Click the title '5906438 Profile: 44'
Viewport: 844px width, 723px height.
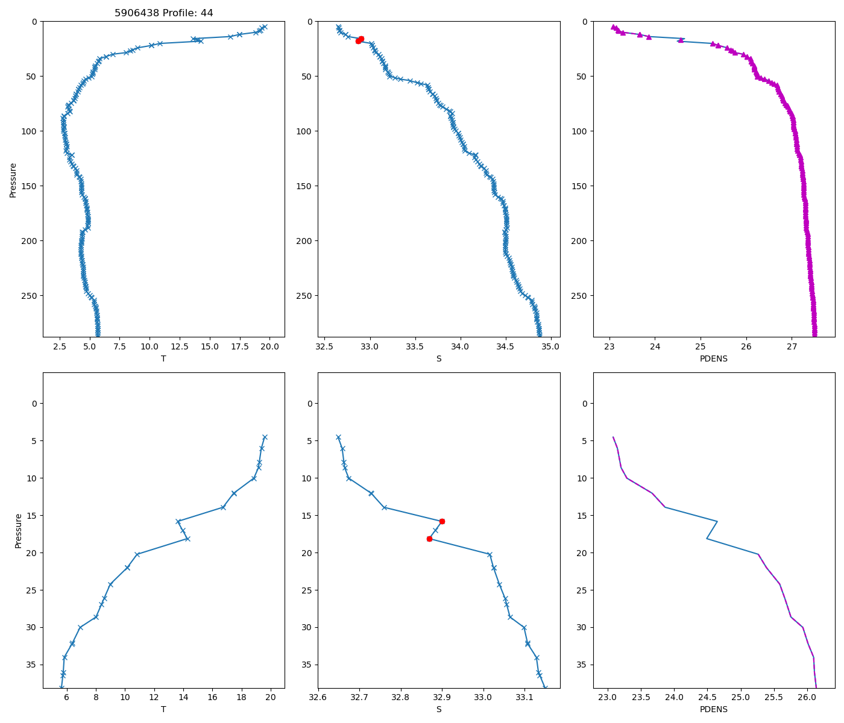pos(163,13)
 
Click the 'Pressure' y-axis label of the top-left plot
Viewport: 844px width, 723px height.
pos(13,180)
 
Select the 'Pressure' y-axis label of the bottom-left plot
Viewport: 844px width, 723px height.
pos(18,530)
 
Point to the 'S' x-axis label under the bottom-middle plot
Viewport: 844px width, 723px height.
pos(439,710)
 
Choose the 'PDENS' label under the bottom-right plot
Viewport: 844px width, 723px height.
pos(714,710)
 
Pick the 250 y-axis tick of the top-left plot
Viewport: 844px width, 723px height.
pos(30,296)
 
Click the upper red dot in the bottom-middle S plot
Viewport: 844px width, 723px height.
pos(442,521)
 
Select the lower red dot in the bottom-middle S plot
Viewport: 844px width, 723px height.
pos(429,539)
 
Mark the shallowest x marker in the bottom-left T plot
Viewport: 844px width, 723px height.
pos(265,437)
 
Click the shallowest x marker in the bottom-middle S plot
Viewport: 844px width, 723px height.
pos(338,437)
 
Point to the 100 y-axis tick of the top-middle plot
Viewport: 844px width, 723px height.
pos(306,131)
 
